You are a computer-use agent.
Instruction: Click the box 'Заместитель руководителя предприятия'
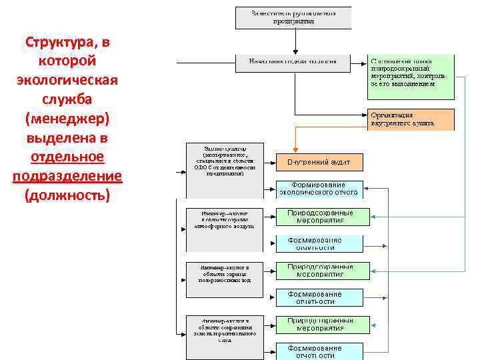tap(293, 17)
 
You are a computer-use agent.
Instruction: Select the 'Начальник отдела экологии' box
tap(293, 63)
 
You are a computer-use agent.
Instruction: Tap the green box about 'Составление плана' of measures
tap(411, 73)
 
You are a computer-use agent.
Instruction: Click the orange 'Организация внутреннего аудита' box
tap(411, 119)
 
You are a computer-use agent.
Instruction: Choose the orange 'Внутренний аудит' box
tap(320, 162)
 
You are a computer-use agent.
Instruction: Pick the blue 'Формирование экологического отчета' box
tap(320, 189)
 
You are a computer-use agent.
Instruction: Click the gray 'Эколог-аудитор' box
tap(224, 161)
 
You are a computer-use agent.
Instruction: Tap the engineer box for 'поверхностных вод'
tap(224, 273)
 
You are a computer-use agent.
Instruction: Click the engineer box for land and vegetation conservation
tap(224, 329)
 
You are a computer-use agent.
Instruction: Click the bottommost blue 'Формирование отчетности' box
tap(320, 351)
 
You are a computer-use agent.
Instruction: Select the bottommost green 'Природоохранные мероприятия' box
tap(323, 324)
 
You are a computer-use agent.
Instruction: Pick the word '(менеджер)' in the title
tap(67, 119)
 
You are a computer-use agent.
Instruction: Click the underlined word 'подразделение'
tap(67, 177)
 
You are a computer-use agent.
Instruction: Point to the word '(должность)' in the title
tap(67, 196)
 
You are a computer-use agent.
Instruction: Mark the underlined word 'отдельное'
tap(67, 157)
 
